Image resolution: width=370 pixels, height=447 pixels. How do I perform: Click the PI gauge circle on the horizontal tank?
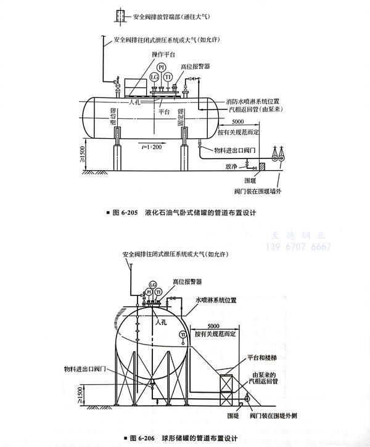pos(162,67)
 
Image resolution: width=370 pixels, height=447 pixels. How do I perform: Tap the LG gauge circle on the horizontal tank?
pos(154,78)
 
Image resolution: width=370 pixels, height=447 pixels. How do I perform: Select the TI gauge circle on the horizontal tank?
pos(169,78)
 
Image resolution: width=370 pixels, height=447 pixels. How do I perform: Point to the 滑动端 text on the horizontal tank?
pos(113,117)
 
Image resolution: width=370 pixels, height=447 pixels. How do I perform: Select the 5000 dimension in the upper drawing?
pos(243,124)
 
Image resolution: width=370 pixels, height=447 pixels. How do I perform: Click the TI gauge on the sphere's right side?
pos(183,334)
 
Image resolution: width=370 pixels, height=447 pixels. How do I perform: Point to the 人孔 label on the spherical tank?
pos(162,321)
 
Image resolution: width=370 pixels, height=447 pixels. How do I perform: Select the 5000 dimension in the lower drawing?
pos(213,326)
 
